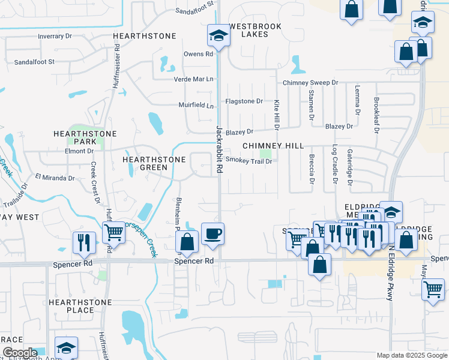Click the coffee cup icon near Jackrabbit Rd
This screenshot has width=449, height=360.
pyautogui.click(x=212, y=233)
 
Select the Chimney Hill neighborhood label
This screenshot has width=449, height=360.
pyautogui.click(x=273, y=146)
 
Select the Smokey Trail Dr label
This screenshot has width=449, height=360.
pyautogui.click(x=249, y=160)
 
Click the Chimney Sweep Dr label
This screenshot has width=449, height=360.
pyautogui.click(x=310, y=82)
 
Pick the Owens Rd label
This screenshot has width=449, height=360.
pyautogui.click(x=199, y=54)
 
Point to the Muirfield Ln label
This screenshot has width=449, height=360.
pyautogui.click(x=196, y=106)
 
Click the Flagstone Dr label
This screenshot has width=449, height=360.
pyautogui.click(x=244, y=101)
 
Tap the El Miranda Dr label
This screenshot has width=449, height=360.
pyautogui.click(x=55, y=178)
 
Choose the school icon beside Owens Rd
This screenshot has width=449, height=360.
pyautogui.click(x=217, y=36)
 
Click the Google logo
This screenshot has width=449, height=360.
pyautogui.click(x=19, y=353)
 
